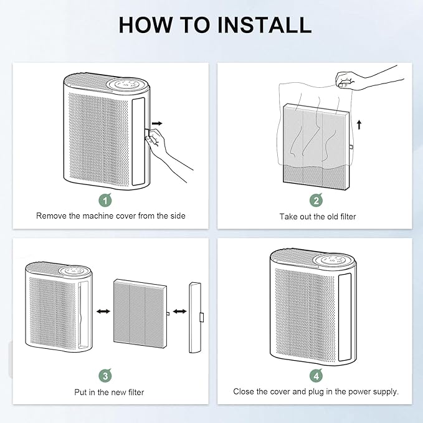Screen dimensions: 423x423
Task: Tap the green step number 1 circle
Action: [x=106, y=200]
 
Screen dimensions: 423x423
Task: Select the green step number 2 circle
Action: [x=316, y=200]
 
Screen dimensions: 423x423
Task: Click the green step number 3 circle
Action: [x=106, y=376]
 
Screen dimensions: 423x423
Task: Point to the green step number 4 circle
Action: [x=316, y=376]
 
